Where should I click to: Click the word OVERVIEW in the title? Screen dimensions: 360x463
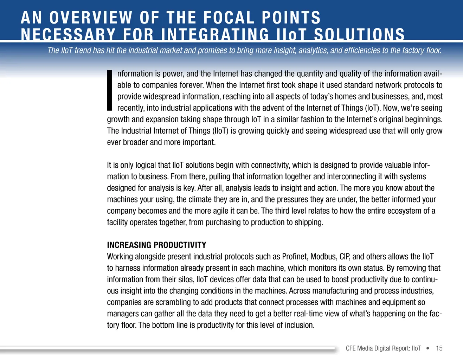[x=91, y=18]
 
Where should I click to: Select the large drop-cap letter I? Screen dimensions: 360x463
[x=109, y=90]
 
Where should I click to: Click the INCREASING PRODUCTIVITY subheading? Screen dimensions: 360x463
[x=156, y=245]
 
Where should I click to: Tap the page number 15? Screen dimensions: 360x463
[x=439, y=348]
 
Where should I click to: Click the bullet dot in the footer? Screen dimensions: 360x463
[x=427, y=348]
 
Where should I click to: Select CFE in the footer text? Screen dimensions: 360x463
[x=351, y=348]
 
